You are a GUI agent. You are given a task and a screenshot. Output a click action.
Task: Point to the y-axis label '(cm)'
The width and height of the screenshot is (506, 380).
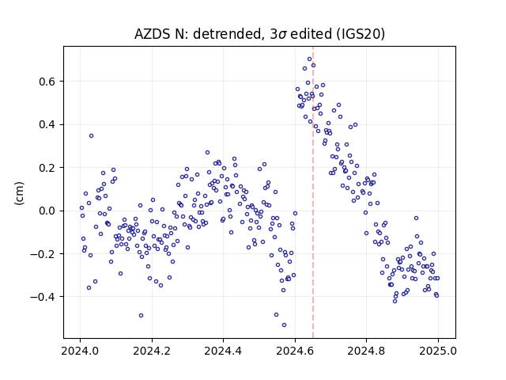[x=19, y=193]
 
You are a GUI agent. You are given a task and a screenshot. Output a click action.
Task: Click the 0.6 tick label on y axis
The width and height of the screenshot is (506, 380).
[x=47, y=82]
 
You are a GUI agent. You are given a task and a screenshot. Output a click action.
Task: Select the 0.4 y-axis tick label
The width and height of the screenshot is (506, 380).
[x=47, y=124]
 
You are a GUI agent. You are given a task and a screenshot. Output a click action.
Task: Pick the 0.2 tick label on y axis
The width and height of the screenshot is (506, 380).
[x=47, y=168]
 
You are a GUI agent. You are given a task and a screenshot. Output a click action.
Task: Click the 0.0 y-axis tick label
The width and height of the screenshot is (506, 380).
[x=47, y=211]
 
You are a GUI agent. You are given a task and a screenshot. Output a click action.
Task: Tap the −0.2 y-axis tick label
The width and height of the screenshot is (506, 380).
[x=43, y=253]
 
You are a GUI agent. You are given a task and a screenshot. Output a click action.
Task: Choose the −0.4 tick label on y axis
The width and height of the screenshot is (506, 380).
[x=43, y=297]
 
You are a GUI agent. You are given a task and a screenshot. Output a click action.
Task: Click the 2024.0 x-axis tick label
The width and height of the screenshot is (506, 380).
[x=80, y=351]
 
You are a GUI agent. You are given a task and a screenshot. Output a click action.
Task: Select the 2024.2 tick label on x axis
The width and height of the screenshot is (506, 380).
[x=152, y=351]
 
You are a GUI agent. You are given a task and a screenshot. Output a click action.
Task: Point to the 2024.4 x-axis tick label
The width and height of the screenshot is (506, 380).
[x=223, y=351]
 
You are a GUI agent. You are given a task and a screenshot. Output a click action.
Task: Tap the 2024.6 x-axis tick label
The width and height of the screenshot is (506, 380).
[x=295, y=351]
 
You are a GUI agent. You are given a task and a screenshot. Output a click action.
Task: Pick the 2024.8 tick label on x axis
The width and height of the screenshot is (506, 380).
[x=366, y=351]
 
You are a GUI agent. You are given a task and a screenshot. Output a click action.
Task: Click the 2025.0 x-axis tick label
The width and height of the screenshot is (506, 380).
[x=438, y=351]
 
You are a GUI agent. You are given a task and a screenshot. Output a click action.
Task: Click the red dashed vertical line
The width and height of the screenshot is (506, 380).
[x=313, y=192]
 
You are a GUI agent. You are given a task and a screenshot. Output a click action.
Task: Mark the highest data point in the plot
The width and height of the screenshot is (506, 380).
[x=309, y=59]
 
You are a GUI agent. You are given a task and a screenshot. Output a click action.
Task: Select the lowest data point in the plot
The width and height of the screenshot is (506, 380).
[x=284, y=325]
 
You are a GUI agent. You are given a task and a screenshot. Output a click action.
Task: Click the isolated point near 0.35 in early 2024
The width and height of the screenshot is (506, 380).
[x=92, y=135]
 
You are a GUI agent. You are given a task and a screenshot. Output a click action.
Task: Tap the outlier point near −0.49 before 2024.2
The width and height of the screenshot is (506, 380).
[x=141, y=315]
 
